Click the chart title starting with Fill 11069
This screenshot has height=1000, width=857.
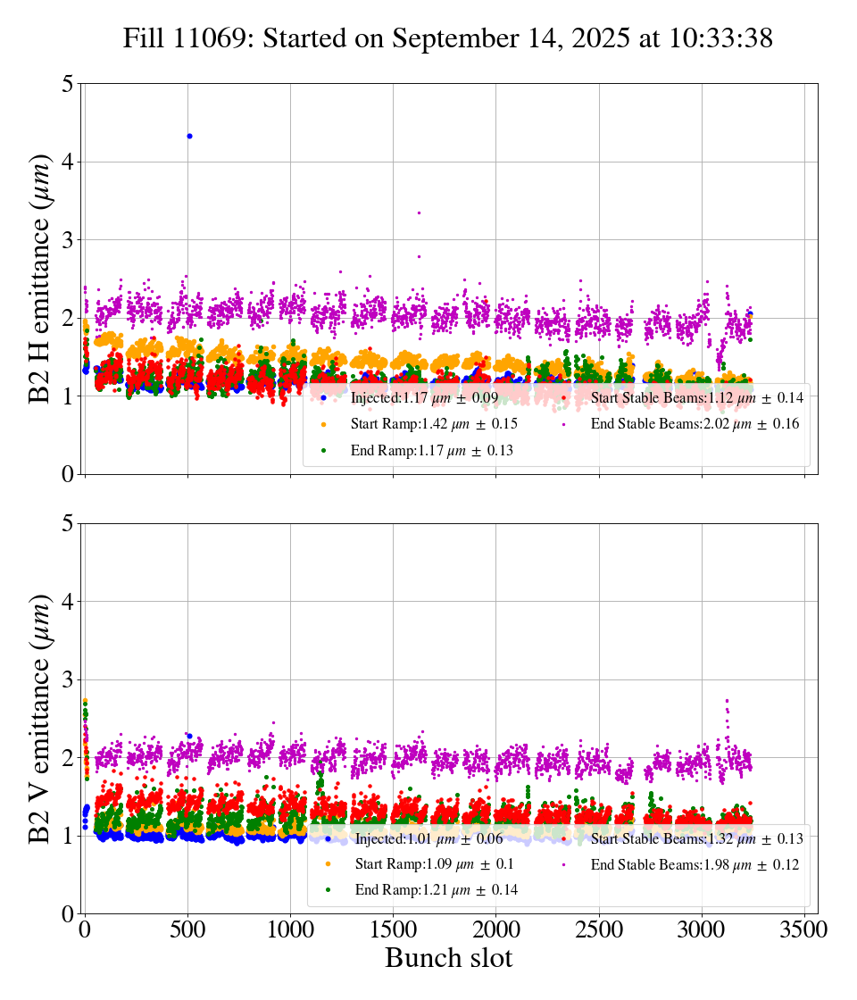[447, 38]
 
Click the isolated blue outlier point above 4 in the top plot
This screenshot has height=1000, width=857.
[189, 136]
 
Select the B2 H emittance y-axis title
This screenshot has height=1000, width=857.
[41, 279]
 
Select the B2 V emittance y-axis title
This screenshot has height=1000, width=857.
[41, 718]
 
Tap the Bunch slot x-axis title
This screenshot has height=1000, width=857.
[449, 959]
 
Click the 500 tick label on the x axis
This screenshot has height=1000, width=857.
[187, 929]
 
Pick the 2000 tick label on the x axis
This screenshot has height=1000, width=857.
[496, 929]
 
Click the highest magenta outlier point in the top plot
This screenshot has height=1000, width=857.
[419, 212]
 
